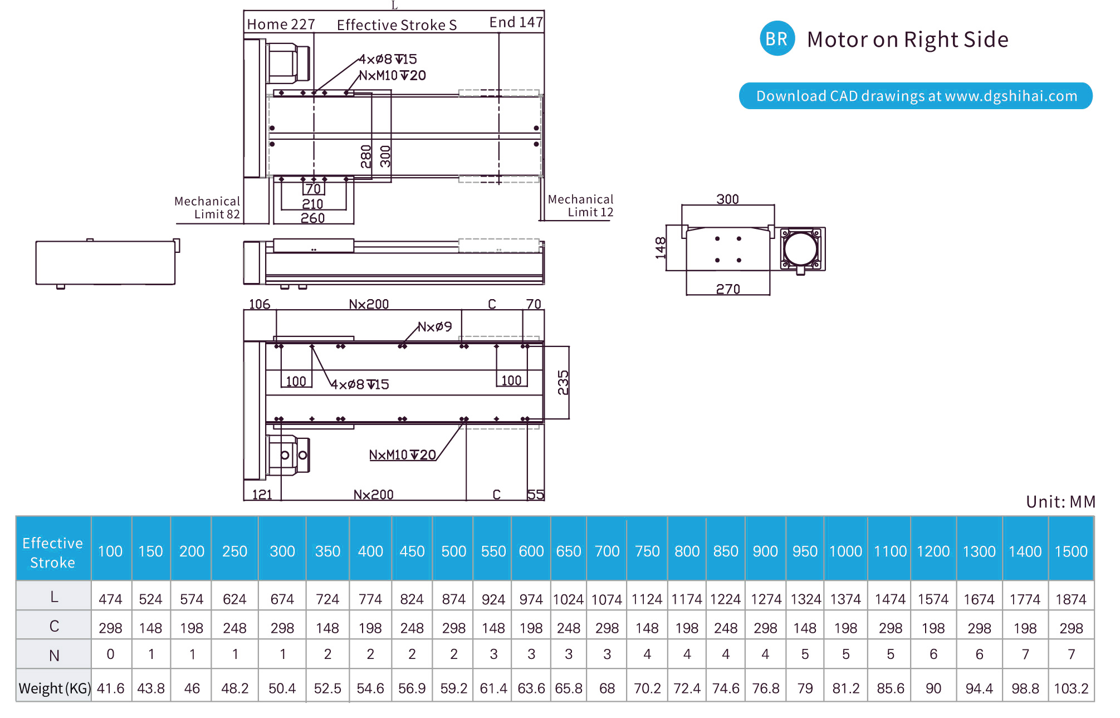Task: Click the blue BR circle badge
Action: [x=777, y=38]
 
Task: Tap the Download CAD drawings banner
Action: [x=916, y=96]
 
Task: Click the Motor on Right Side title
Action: [x=907, y=40]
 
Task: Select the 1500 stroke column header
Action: [x=1070, y=551]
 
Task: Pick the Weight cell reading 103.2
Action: [x=1070, y=688]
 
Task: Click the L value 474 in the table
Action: [x=110, y=599]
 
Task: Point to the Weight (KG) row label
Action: [x=54, y=688]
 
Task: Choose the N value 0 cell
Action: [x=110, y=654]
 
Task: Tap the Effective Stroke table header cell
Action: [x=53, y=552]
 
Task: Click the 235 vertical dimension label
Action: [x=563, y=383]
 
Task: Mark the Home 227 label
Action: [x=281, y=25]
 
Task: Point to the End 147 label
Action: [x=516, y=22]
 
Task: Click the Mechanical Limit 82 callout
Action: [x=207, y=208]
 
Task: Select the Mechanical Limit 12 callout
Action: [x=580, y=206]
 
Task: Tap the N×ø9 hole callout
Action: [x=435, y=326]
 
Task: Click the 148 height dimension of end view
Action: [x=661, y=248]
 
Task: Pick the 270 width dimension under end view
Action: [x=728, y=289]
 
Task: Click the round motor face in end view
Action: [x=800, y=248]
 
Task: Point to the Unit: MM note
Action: [x=1060, y=502]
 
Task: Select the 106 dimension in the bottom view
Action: [x=260, y=304]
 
